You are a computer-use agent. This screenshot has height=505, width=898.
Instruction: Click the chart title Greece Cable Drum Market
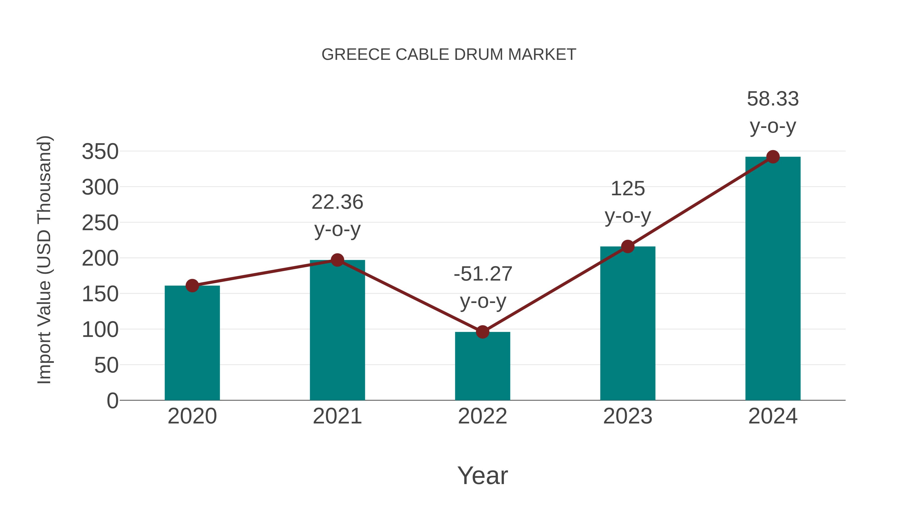pos(449,55)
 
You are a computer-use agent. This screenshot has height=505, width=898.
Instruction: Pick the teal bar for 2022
pos(482,366)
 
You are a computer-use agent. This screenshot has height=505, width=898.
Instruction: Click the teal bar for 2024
pos(773,279)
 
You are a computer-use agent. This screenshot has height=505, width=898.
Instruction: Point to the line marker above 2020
pos(192,286)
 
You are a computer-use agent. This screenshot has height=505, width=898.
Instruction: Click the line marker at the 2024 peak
pos(773,157)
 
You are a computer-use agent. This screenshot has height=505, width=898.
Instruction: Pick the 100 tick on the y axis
pos(100,330)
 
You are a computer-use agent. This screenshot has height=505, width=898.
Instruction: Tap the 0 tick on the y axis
pos(112,401)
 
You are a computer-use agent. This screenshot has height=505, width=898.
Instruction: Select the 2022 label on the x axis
pos(482,416)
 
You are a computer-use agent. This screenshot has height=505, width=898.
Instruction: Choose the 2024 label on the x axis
pos(773,416)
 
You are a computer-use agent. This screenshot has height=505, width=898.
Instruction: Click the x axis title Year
pos(482,476)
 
